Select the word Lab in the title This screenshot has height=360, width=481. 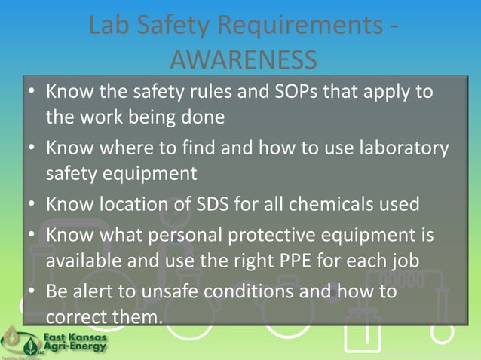point(108,26)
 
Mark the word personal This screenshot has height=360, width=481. point(165,236)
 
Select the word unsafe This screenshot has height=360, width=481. point(189,291)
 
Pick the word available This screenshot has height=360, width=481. point(82,261)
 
